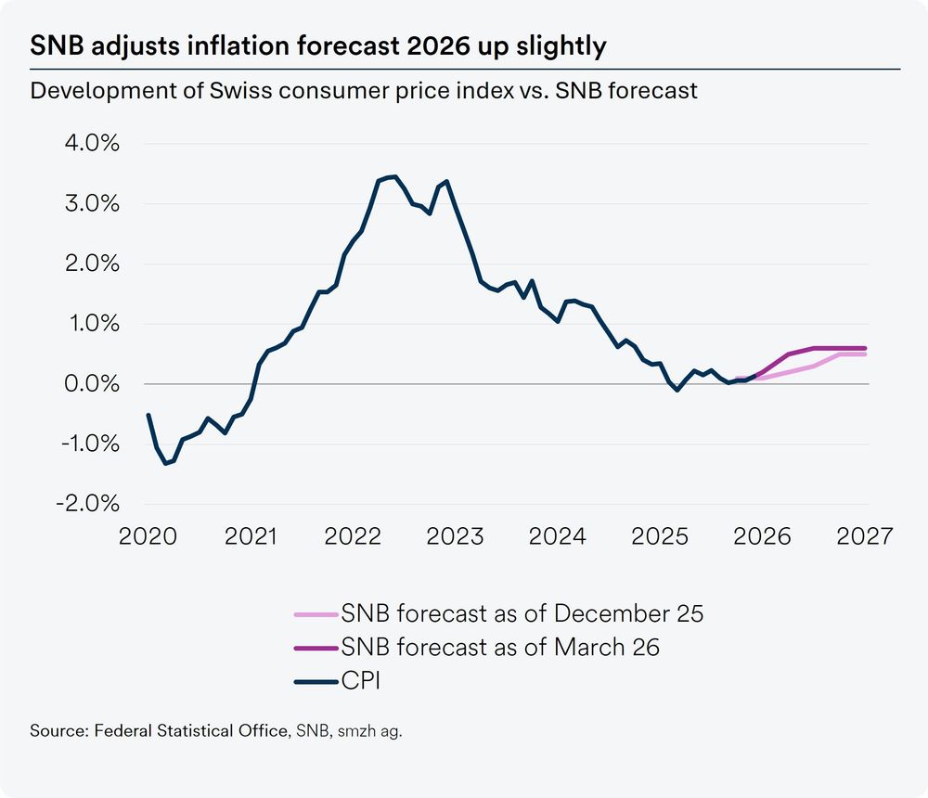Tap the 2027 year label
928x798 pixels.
click(865, 537)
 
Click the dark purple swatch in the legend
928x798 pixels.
click(315, 648)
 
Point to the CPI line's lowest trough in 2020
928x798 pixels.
click(166, 463)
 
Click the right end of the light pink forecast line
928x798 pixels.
click(866, 354)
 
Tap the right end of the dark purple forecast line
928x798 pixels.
click(866, 348)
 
